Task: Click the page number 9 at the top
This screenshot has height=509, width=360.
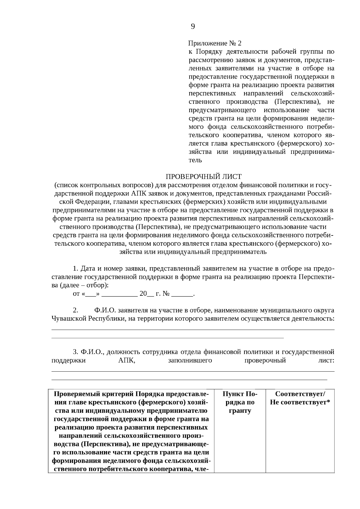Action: pyautogui.click(x=193, y=27)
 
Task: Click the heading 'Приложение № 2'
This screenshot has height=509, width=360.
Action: pyautogui.click(x=214, y=43)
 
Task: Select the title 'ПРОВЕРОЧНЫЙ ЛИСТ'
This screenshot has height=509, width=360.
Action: pyautogui.click(x=204, y=176)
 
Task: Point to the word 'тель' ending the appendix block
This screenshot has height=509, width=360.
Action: pyautogui.click(x=195, y=160)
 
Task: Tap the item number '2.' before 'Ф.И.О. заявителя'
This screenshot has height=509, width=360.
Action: pyautogui.click(x=76, y=310)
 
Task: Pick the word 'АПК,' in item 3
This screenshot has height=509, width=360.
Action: pyautogui.click(x=127, y=360)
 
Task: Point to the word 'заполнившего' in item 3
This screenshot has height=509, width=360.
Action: pyautogui.click(x=190, y=360)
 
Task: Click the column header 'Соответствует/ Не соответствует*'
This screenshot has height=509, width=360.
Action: pyautogui.click(x=300, y=398)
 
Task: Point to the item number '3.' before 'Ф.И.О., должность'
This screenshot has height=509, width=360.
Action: pyautogui.click(x=76, y=352)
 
